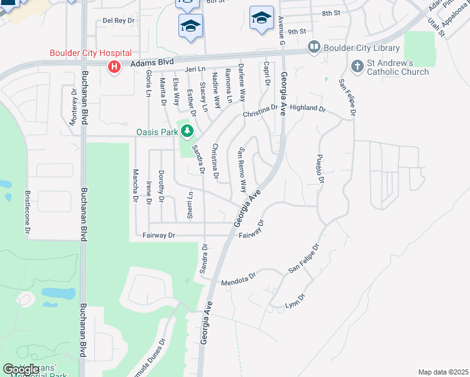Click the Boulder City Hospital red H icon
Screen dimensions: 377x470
click(114, 67)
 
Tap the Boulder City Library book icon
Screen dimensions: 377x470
click(313, 47)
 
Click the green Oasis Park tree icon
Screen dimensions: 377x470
click(187, 131)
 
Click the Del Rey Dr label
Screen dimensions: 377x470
click(119, 21)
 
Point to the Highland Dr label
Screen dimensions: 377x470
click(308, 108)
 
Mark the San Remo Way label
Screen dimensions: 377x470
click(241, 170)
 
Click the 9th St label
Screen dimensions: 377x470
click(297, 31)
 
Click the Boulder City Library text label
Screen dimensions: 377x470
click(361, 48)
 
